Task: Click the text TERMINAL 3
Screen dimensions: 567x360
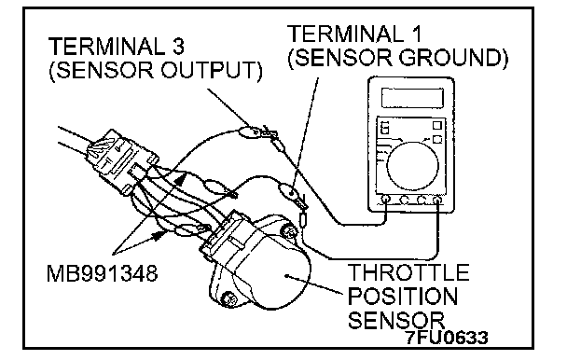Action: (x=117, y=47)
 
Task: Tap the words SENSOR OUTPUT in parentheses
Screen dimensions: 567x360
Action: (x=156, y=70)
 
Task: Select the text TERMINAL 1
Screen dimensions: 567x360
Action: (x=354, y=34)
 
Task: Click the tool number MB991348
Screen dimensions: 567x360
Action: (x=103, y=273)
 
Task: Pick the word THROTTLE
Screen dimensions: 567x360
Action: (x=408, y=272)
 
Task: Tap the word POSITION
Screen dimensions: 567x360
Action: (x=403, y=296)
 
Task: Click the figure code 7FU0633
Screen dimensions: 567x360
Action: (x=447, y=338)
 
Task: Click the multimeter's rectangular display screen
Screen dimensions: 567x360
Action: (x=412, y=97)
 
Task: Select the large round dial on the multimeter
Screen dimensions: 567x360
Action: (x=412, y=165)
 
